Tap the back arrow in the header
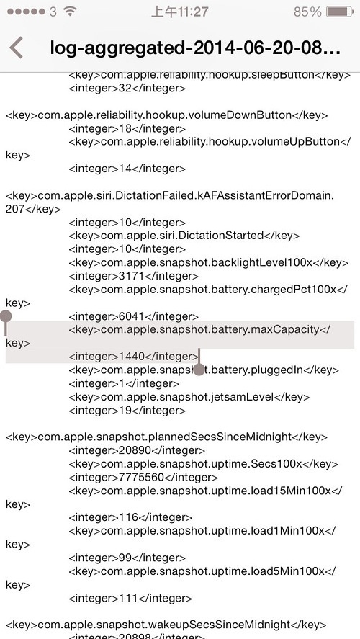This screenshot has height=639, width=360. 17,48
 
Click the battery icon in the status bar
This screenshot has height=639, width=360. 340,12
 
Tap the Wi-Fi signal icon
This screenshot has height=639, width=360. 70,12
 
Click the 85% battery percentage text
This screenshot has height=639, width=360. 307,12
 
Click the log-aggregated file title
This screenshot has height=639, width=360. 195,48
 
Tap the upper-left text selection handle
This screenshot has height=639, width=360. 5,316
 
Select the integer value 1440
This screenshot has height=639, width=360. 132,357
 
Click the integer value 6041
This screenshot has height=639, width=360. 132,316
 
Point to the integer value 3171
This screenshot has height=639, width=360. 132,276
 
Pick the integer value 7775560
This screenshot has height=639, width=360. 141,477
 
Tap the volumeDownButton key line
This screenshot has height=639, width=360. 166,115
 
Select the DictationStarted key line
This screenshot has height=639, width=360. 184,236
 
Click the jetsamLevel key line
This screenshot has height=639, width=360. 189,397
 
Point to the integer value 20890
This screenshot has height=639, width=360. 135,450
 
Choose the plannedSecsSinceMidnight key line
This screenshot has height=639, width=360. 166,437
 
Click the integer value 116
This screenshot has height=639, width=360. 129,517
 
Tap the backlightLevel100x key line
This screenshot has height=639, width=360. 209,263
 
